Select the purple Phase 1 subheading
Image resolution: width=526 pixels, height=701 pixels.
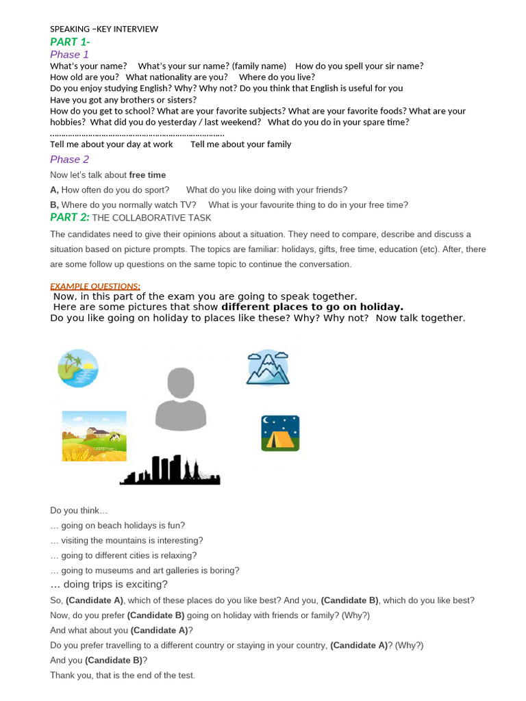click(69, 54)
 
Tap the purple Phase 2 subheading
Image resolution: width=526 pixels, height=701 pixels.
click(69, 160)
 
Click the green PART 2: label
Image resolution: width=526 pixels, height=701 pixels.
click(70, 217)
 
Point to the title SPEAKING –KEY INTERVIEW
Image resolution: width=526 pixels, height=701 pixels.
click(104, 29)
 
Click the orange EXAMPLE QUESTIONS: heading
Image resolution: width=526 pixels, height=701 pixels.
click(95, 286)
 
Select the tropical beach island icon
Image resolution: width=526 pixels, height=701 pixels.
click(77, 368)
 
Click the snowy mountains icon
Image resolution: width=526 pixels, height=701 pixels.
click(267, 368)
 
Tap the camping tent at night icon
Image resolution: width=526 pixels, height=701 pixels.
click(280, 433)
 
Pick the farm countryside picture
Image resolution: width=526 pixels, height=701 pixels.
click(94, 435)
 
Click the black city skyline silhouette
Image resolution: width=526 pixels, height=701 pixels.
click(170, 470)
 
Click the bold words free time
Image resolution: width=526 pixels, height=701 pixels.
click(147, 175)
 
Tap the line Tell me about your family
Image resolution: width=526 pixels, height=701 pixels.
click(240, 144)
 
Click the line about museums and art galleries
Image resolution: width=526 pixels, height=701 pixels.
click(145, 570)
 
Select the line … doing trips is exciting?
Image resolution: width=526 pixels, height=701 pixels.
click(109, 585)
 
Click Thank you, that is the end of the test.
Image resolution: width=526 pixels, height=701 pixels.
click(123, 675)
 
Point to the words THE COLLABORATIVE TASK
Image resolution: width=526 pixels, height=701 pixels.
click(151, 218)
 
